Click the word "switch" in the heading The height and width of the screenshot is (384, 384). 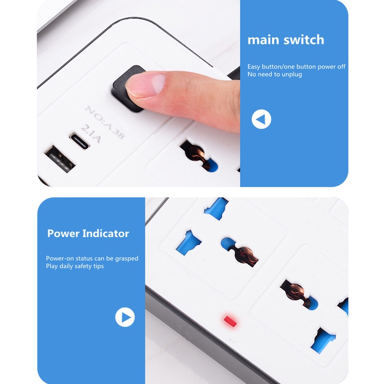pyautogui.click(x=304, y=40)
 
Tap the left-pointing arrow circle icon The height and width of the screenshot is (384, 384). pyautogui.click(x=262, y=119)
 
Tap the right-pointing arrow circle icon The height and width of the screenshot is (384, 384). pyautogui.click(x=125, y=317)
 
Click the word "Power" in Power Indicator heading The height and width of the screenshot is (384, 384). pyautogui.click(x=63, y=233)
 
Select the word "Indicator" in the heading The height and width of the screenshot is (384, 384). pyautogui.click(x=105, y=233)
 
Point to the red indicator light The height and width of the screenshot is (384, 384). pyautogui.click(x=230, y=321)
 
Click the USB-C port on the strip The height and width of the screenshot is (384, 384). pyautogui.click(x=80, y=141)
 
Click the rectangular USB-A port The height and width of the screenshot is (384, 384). pyautogui.click(x=60, y=159)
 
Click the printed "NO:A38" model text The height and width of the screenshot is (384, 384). pyautogui.click(x=105, y=122)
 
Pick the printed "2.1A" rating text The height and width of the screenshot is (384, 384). pyautogui.click(x=91, y=134)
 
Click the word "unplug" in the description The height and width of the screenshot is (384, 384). pyautogui.click(x=291, y=74)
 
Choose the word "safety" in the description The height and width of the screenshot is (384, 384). pyautogui.click(x=83, y=266)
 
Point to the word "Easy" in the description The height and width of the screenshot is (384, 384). pyautogui.click(x=253, y=67)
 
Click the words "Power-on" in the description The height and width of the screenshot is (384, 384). pyautogui.click(x=60, y=259)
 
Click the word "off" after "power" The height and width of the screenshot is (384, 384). pyautogui.click(x=341, y=67)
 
